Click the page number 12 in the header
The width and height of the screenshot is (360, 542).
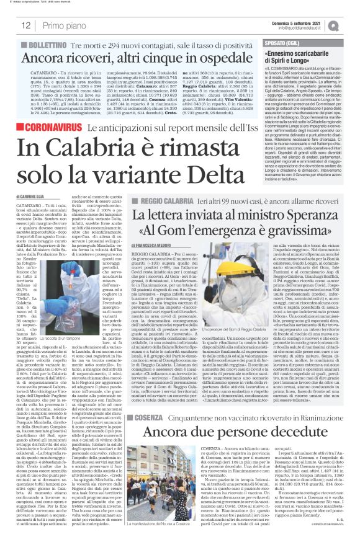point(26,25)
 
